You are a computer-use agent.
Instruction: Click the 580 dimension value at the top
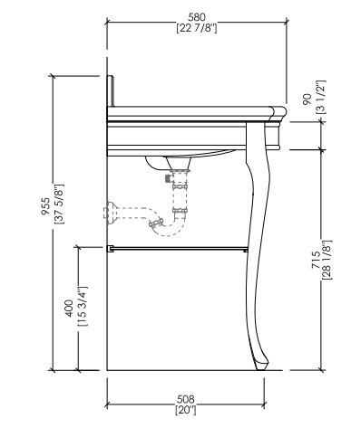tap(197, 17)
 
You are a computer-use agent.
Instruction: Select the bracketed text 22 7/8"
tap(197, 28)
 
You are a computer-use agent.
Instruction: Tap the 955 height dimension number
tap(45, 206)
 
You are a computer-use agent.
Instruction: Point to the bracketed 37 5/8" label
tap(59, 204)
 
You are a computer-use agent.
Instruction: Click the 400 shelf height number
tap(69, 308)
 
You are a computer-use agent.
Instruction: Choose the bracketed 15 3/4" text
tap(83, 306)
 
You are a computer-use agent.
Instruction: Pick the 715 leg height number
tap(316, 260)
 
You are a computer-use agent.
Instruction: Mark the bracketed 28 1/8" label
tap(327, 260)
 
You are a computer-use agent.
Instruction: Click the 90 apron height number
tap(307, 100)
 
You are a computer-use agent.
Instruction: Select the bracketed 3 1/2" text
tap(320, 97)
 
